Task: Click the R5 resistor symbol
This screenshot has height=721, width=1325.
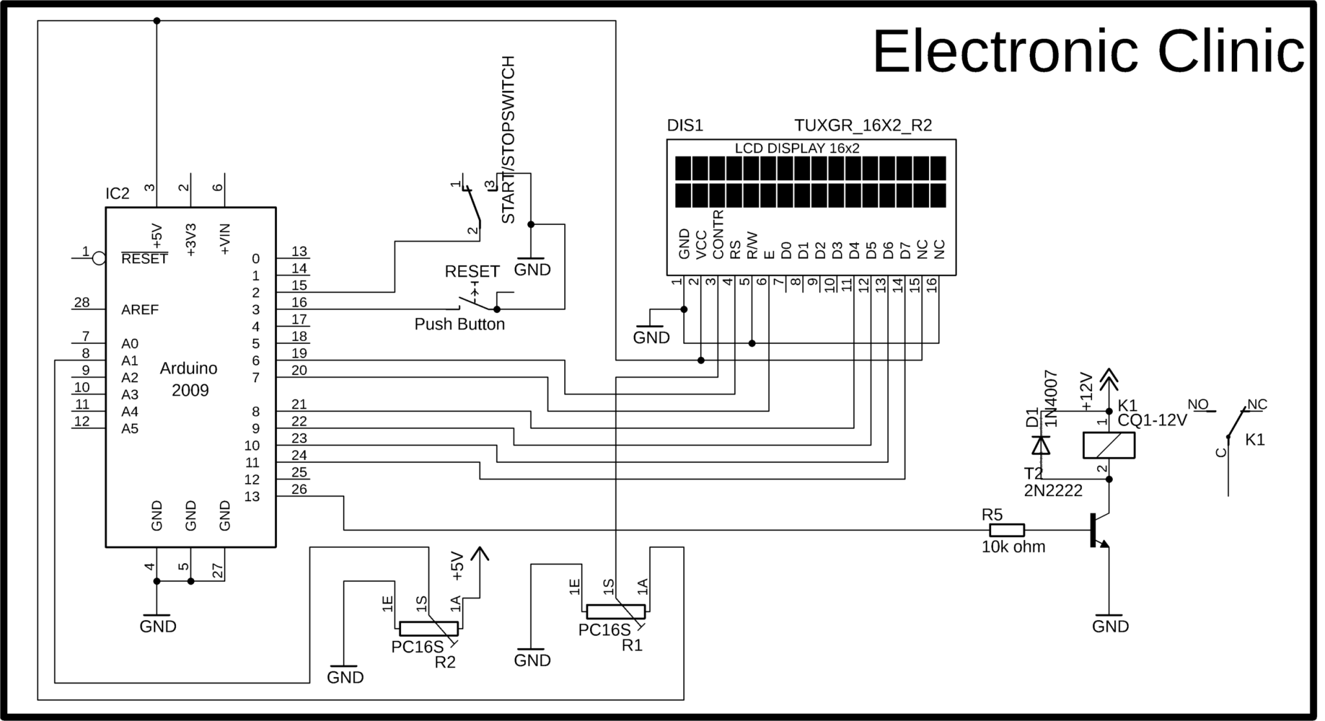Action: [x=1007, y=530]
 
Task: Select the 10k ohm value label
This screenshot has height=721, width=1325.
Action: [x=1013, y=547]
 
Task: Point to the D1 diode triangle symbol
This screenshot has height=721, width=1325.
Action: [x=1041, y=446]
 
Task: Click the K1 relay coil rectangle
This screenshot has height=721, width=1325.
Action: [x=1109, y=446]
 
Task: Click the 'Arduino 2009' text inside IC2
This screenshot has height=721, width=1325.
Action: [x=189, y=379]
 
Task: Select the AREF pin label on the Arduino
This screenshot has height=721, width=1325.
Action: [x=140, y=310]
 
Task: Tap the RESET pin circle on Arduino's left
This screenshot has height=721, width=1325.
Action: [x=99, y=259]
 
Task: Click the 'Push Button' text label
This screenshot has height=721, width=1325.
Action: [x=459, y=324]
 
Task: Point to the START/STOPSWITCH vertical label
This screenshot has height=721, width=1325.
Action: [x=509, y=140]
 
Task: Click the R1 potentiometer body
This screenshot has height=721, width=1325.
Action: [x=615, y=611]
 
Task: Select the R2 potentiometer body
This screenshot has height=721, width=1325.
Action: [x=428, y=628]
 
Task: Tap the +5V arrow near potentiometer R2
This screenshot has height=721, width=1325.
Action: [x=479, y=555]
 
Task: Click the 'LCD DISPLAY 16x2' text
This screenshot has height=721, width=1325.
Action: [x=796, y=148]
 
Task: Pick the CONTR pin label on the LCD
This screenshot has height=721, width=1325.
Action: [x=717, y=234]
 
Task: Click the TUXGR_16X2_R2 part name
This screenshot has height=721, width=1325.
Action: [x=863, y=125]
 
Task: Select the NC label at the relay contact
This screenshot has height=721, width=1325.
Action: [x=1256, y=405]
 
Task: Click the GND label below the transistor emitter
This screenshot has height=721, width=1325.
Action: [x=1110, y=626]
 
